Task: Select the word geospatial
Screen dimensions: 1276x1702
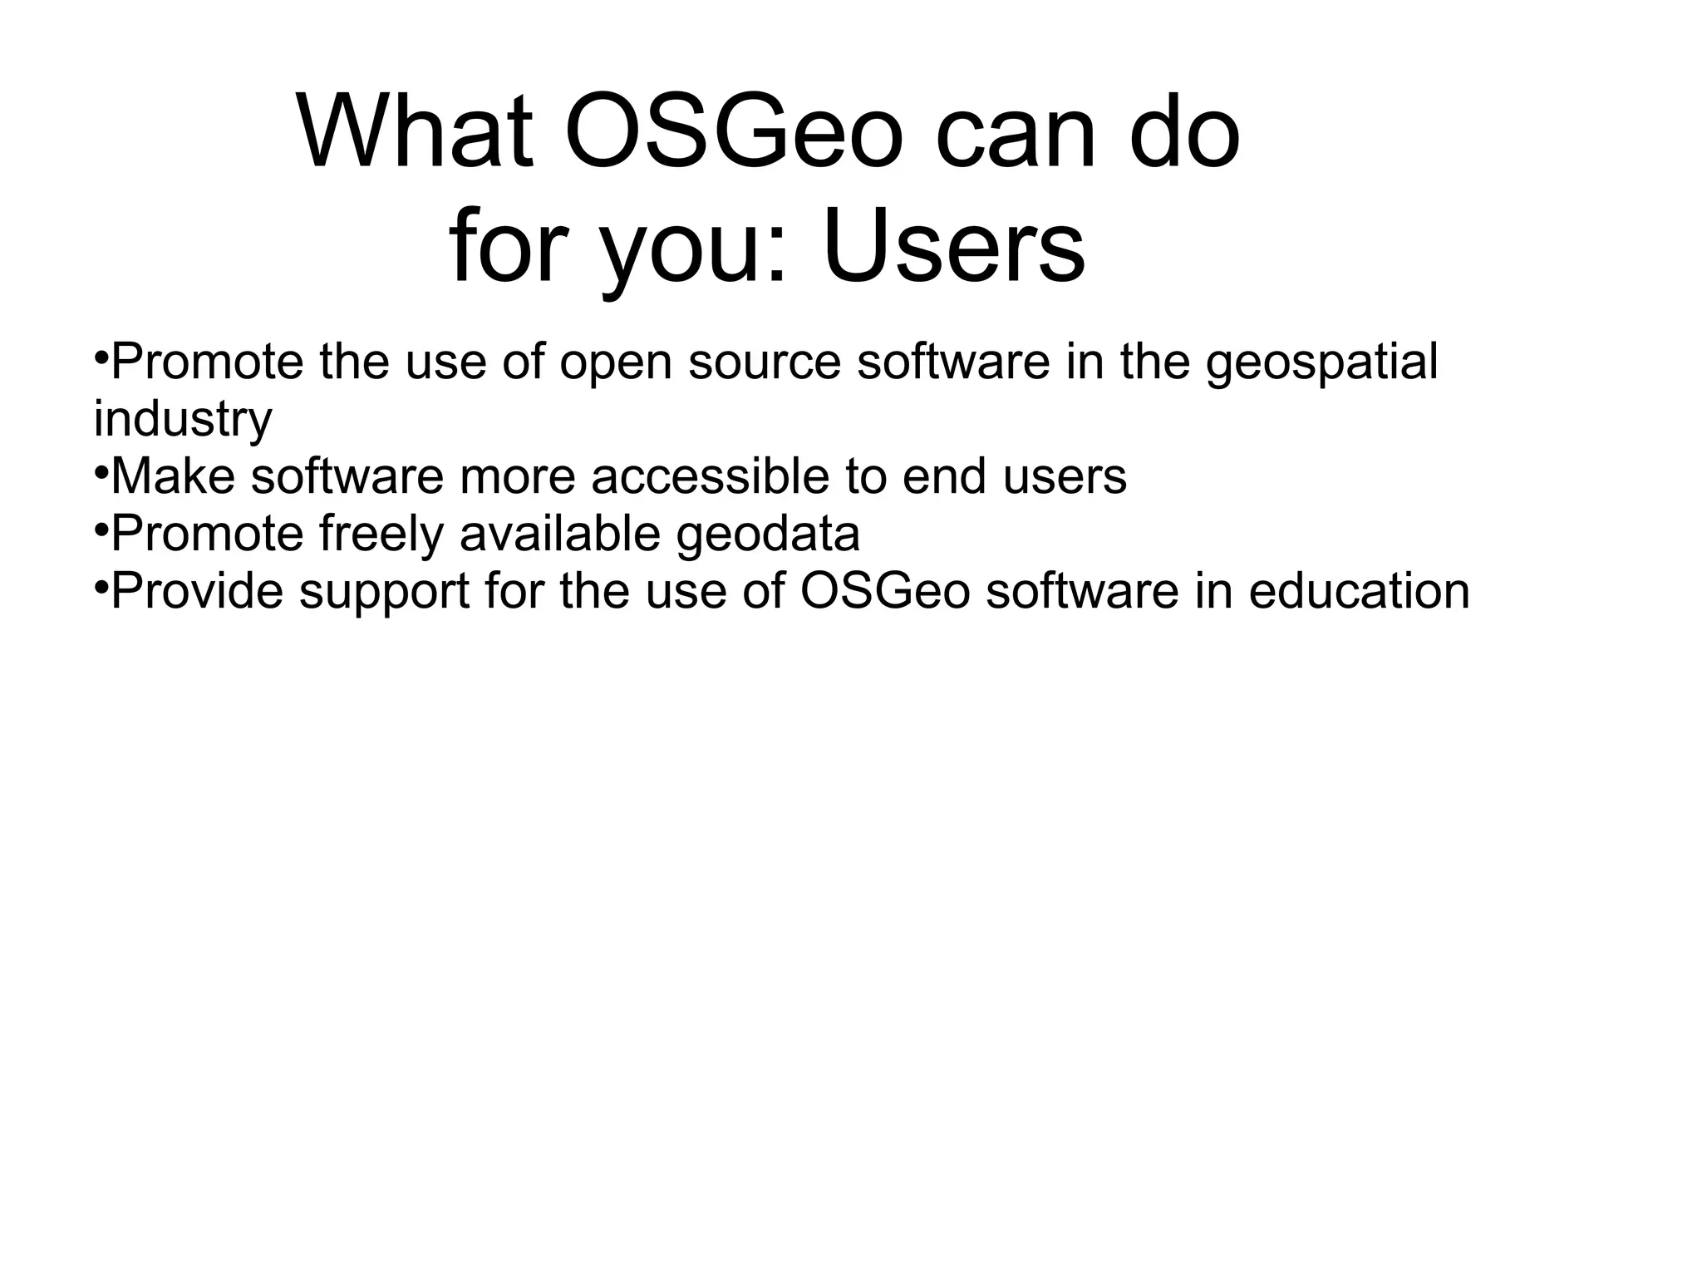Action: [1321, 363]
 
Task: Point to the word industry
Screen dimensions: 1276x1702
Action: [183, 420]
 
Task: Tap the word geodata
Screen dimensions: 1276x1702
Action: [767, 534]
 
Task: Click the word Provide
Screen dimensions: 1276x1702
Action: [197, 591]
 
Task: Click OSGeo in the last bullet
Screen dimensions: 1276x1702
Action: [885, 591]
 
